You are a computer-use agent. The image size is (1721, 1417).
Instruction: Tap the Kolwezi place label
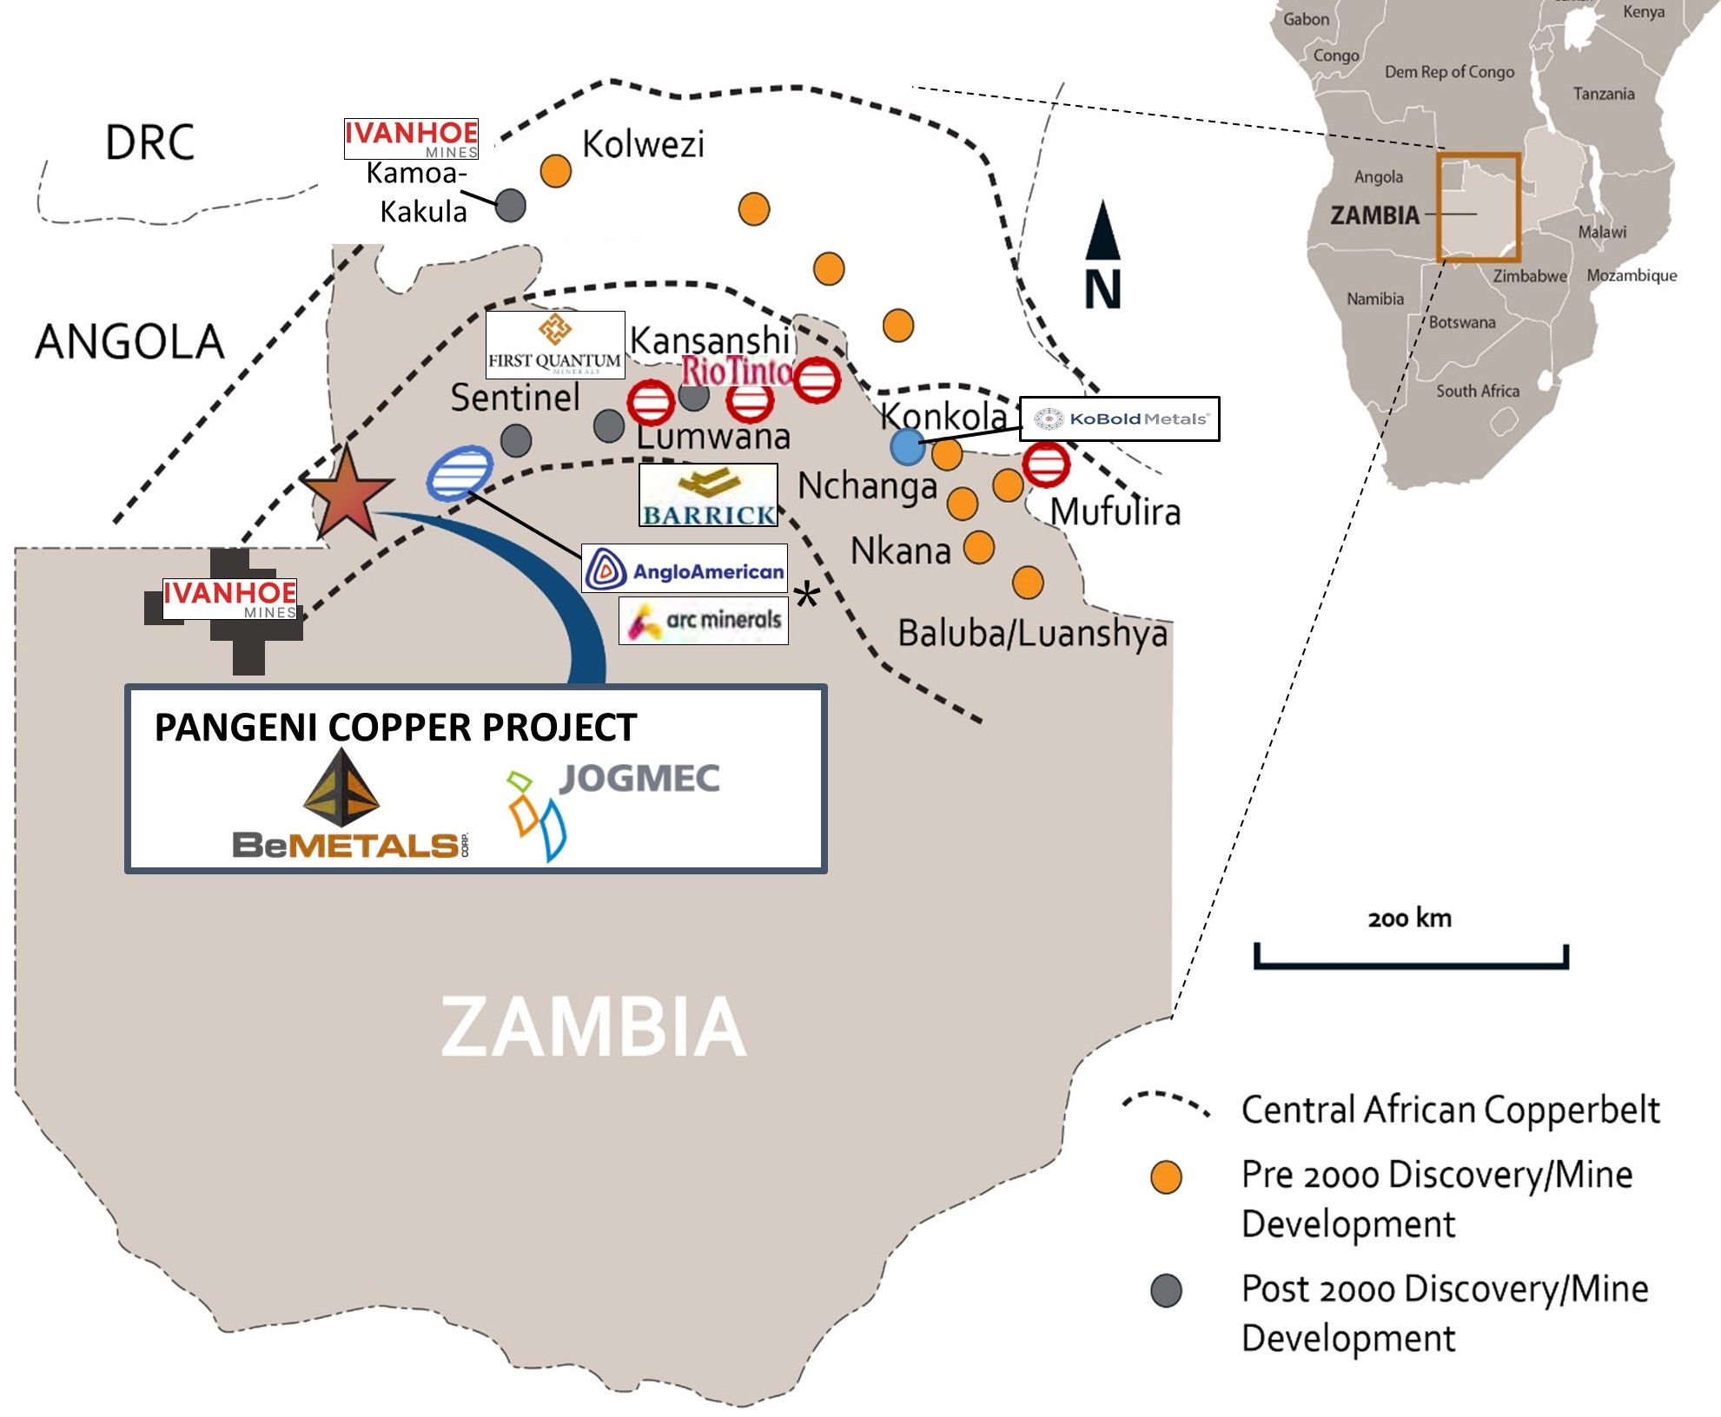[x=642, y=144]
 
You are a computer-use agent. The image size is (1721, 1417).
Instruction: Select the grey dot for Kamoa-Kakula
[x=510, y=206]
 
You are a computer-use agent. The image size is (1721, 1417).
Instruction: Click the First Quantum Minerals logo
[x=555, y=345]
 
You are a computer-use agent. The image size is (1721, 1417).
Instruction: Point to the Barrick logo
[x=708, y=496]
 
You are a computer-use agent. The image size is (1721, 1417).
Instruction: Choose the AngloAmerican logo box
[x=685, y=569]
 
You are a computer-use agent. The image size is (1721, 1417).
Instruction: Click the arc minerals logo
[x=704, y=621]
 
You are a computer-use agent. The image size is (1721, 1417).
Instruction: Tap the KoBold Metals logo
[x=1119, y=419]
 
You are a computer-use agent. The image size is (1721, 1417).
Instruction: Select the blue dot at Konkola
[x=907, y=447]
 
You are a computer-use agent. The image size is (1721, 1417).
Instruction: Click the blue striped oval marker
[x=460, y=473]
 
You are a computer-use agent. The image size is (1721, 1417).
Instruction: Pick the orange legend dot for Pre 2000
[x=1166, y=1177]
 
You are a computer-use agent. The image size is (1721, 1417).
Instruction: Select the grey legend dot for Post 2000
[x=1166, y=1291]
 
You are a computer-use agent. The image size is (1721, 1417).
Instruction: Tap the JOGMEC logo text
[x=639, y=779]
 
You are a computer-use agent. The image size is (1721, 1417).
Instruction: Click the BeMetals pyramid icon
[x=341, y=788]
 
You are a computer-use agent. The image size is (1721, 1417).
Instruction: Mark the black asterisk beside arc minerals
[x=807, y=596]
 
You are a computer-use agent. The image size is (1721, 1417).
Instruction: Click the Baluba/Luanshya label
[x=1032, y=634]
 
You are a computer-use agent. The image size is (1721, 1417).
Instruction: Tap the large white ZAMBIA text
[x=593, y=1026]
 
